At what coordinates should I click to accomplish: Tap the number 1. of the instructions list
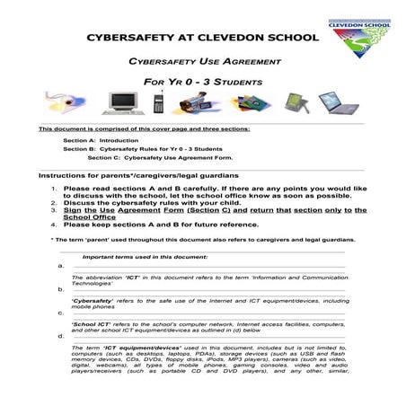click(55, 189)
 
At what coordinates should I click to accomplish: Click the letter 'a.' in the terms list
click(60, 266)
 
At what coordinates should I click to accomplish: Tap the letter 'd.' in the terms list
click(60, 335)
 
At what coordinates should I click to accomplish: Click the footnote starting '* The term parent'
click(202, 240)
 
